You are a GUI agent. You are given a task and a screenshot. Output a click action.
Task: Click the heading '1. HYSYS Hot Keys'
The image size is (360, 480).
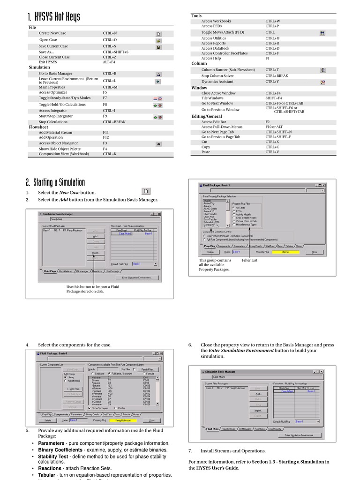(x=53, y=18)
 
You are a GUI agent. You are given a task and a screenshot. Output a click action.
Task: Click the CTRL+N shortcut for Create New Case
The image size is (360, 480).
(x=110, y=33)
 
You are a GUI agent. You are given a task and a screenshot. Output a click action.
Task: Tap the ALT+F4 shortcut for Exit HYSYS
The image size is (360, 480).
(x=109, y=62)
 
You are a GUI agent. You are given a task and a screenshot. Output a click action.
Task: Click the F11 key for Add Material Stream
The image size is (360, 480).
(x=106, y=133)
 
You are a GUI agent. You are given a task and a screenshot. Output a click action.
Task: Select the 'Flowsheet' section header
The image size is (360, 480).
(x=38, y=127)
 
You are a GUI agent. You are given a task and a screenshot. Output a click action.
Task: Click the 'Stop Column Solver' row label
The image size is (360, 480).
(x=217, y=75)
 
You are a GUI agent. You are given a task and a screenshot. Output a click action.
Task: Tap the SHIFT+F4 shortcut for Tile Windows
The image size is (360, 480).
(x=274, y=98)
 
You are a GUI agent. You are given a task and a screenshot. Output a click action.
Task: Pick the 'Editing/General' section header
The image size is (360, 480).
(x=207, y=116)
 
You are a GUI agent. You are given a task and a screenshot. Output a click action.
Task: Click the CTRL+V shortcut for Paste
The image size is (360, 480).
(x=272, y=152)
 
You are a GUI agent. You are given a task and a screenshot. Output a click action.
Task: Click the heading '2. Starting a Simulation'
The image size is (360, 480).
(x=55, y=182)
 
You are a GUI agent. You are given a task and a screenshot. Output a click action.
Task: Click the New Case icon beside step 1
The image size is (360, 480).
(x=146, y=191)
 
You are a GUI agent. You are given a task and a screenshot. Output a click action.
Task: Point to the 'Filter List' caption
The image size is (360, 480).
(x=249, y=260)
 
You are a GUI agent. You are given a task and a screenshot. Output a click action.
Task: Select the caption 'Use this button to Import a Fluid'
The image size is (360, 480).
(x=92, y=286)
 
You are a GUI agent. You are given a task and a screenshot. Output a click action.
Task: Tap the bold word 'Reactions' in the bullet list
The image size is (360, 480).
(x=50, y=468)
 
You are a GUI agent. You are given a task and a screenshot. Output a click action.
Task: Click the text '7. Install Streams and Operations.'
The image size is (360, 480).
(x=227, y=451)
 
